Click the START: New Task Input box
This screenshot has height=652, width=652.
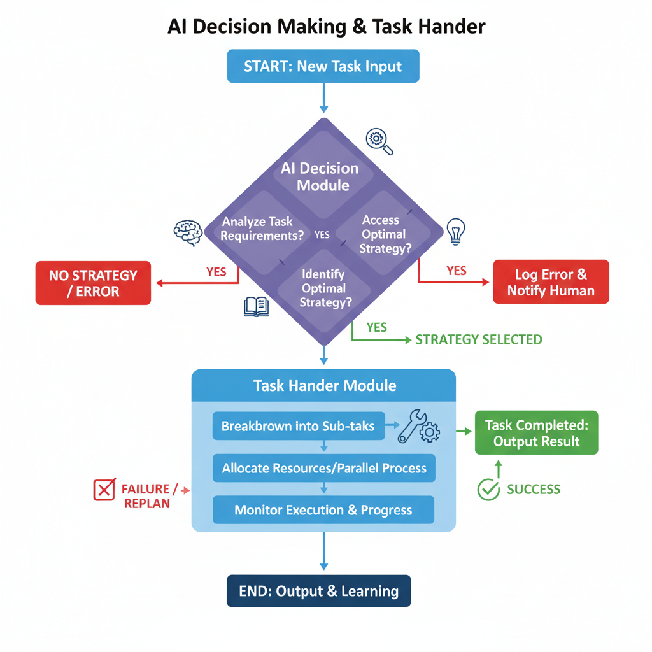point(323,66)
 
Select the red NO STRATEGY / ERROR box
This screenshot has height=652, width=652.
point(94,283)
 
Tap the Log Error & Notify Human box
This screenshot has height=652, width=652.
point(551,282)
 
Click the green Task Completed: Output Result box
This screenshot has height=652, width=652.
point(536,432)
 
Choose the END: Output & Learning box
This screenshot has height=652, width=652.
point(318,591)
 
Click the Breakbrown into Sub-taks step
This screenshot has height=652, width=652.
point(298,426)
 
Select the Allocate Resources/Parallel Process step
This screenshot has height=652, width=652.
point(323,468)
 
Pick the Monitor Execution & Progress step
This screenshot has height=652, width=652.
point(323,510)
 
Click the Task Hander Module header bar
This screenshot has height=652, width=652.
point(324,385)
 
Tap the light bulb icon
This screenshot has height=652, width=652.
point(456,230)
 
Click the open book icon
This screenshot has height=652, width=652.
point(256,307)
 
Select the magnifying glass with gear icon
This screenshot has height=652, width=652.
point(379,141)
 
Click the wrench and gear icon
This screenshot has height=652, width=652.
point(418,427)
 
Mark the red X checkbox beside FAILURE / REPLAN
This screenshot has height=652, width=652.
point(103,490)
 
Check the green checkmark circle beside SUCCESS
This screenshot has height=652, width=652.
point(488,490)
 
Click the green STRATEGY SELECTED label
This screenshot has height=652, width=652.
point(479,339)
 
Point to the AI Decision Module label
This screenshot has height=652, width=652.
point(320,177)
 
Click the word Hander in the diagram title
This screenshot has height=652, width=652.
point(453,27)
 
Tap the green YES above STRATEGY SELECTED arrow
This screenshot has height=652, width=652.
point(376,327)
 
